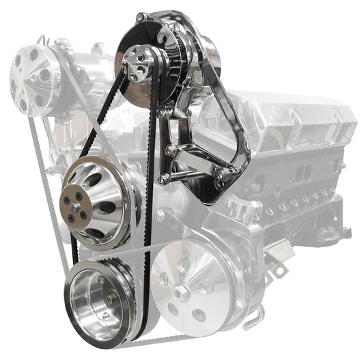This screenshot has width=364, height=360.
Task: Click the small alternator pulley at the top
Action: click(139, 66)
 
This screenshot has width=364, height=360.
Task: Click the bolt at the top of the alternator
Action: click(140, 16)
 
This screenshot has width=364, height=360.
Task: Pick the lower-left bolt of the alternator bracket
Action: click(163, 180)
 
